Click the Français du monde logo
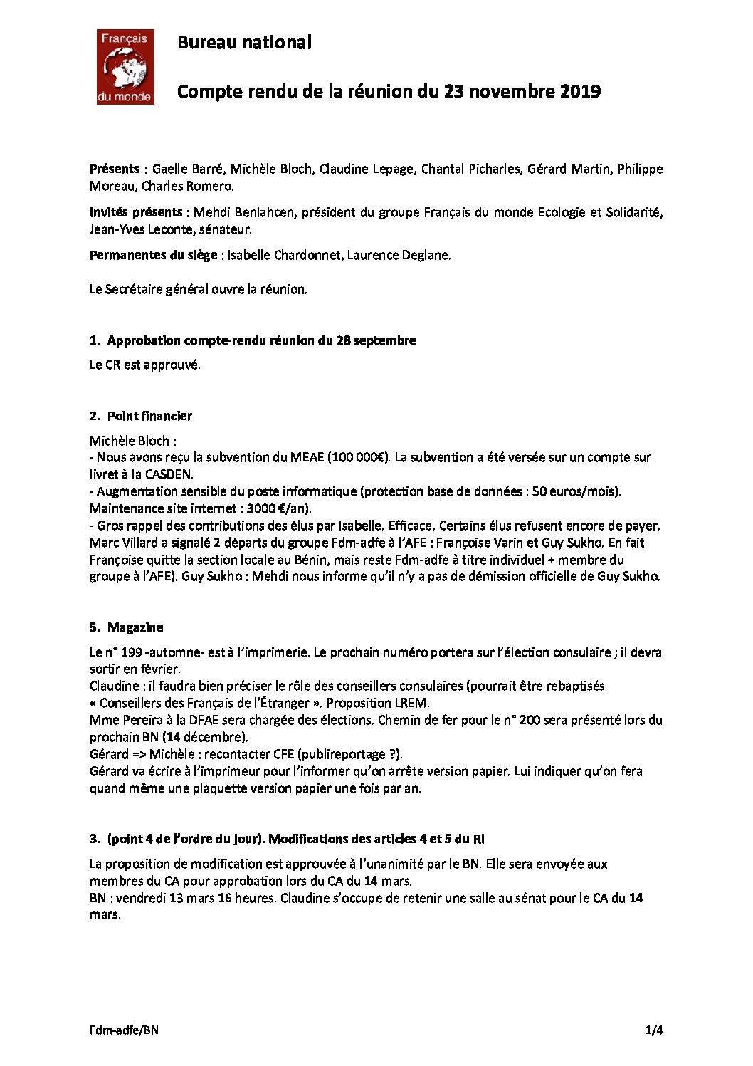[x=125, y=68]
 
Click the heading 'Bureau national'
[x=244, y=43]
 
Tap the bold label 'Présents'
[x=114, y=169]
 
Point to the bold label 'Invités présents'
[x=136, y=212]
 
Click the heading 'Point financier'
[x=149, y=416]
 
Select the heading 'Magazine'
[x=135, y=627]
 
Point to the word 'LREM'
[x=411, y=703]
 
